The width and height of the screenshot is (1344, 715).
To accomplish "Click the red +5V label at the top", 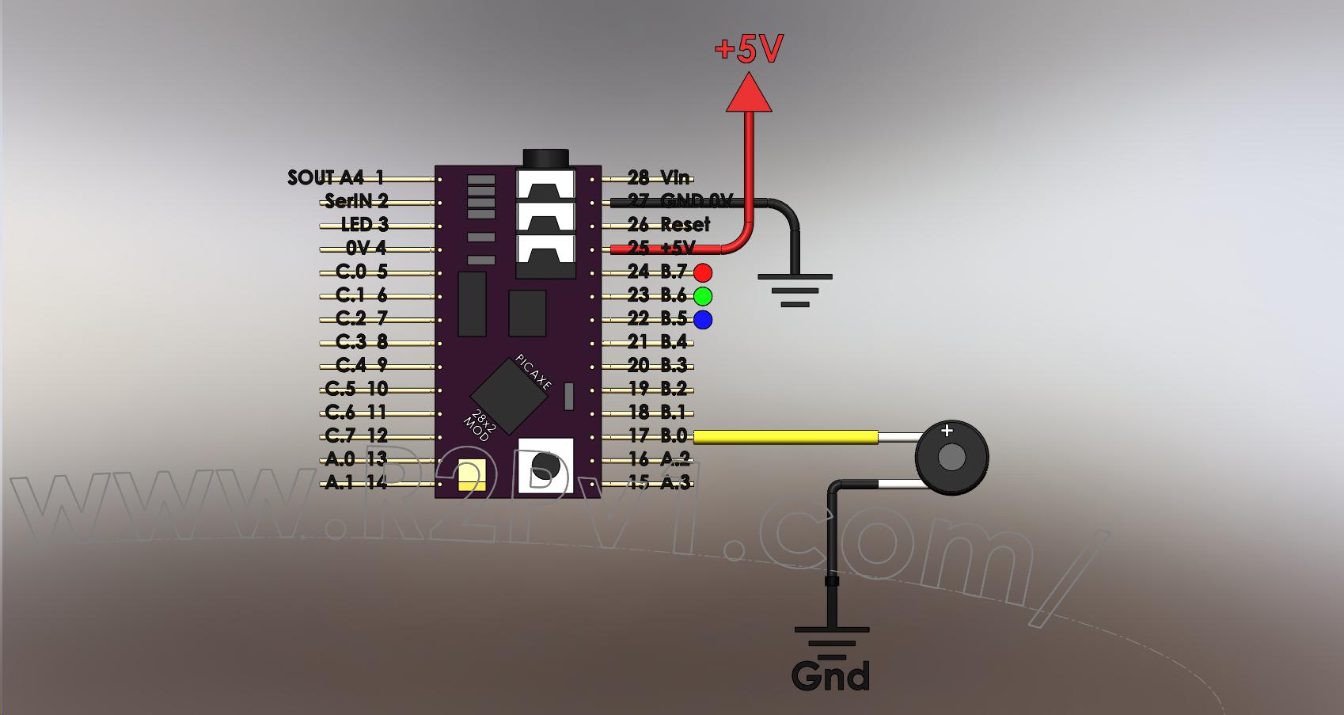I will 748,49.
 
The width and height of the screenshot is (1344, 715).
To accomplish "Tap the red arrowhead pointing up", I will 748,93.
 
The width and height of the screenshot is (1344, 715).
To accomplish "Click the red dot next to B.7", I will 703,273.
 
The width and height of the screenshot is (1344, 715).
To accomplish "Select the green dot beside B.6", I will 703,296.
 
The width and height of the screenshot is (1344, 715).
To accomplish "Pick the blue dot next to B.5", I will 703,320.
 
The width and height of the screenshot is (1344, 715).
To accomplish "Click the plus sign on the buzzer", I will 947,432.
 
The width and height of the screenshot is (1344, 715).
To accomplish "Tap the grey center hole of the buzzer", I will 951,458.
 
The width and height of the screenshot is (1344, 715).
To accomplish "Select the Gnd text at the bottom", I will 830,675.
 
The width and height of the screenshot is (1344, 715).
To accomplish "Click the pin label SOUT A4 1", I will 336,178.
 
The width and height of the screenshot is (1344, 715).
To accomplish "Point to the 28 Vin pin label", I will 659,178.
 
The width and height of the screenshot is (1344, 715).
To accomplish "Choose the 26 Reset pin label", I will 669,225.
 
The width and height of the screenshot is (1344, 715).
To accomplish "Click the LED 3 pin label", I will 364,225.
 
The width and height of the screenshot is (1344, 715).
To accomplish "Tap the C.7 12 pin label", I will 356,435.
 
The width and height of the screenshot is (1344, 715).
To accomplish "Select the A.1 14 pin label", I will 356,482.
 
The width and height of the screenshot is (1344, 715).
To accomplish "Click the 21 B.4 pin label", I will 658,342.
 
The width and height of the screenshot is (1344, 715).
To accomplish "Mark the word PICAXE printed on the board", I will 533,371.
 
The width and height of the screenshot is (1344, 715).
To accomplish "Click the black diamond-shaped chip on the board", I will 508,396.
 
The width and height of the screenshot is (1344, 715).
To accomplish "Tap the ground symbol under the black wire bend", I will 795,290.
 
